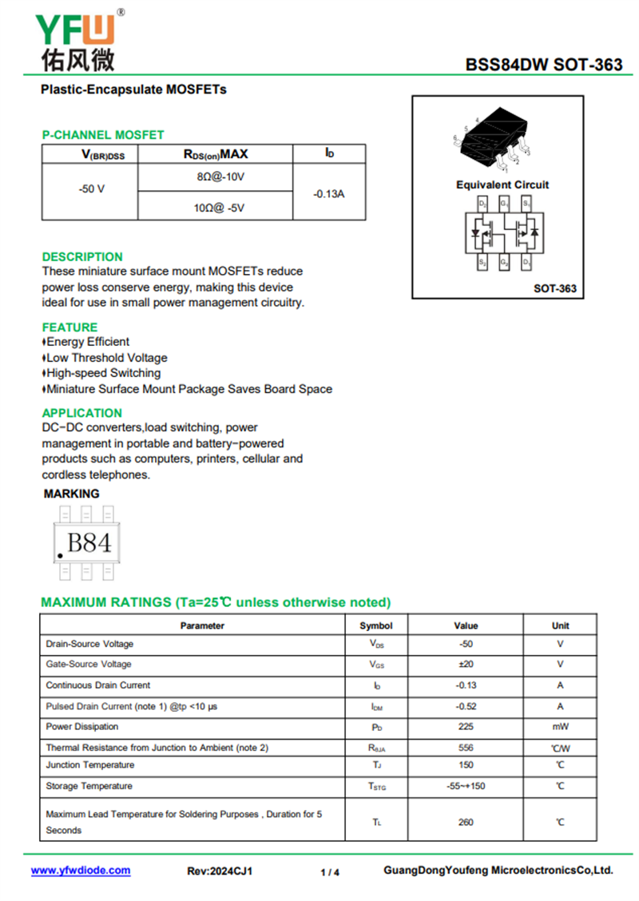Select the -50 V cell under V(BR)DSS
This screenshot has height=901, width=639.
(x=91, y=190)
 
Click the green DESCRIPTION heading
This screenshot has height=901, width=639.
(x=82, y=257)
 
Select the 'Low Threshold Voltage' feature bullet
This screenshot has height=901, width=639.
(x=106, y=358)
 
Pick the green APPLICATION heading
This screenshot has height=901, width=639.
(x=82, y=413)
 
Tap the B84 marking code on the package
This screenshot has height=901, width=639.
(x=89, y=543)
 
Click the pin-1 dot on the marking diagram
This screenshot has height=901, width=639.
(x=60, y=555)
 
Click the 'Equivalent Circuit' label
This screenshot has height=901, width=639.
(x=502, y=185)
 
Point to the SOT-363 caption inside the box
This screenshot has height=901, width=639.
(x=554, y=288)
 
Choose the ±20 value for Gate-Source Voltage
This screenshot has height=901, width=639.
(x=466, y=665)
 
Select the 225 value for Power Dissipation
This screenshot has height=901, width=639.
(x=466, y=727)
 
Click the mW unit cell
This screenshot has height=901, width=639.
(x=560, y=727)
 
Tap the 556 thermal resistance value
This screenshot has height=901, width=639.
(x=466, y=748)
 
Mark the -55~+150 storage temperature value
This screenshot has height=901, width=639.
(x=466, y=786)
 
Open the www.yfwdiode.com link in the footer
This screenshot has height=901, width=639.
(x=81, y=871)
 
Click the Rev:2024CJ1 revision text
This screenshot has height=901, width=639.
(x=220, y=871)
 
